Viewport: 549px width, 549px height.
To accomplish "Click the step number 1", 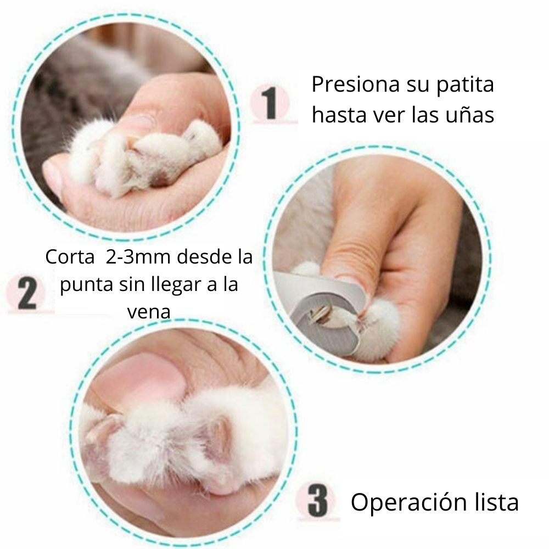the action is coord(270,103).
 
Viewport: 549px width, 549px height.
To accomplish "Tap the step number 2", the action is coord(26,293).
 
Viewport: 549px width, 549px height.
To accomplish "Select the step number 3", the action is coord(317,500).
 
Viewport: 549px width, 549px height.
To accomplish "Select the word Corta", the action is coord(70,257).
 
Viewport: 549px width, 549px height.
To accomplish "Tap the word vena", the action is coord(149,312).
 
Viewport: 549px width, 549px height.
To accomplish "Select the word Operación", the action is coord(408,502).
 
